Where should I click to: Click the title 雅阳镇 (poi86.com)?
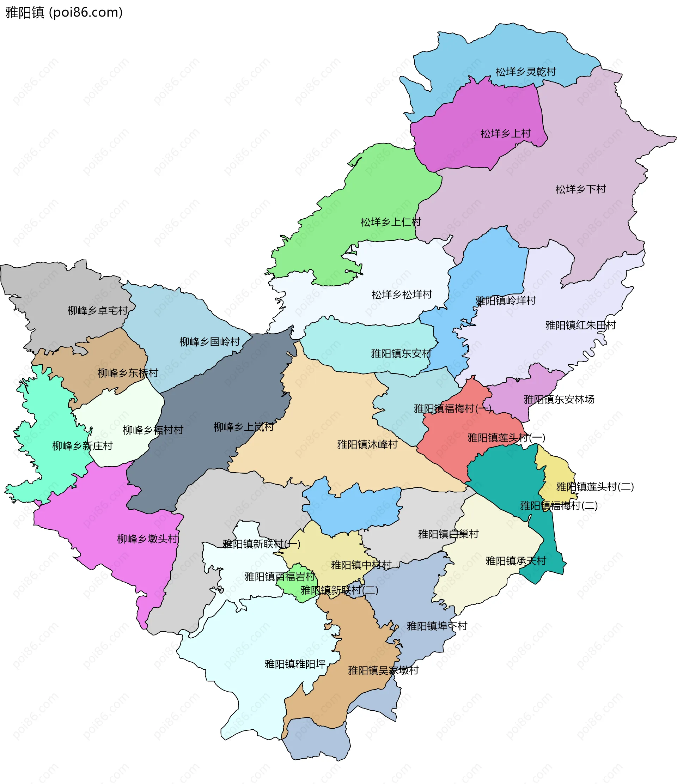(x=63, y=12)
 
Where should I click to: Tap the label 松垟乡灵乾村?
(x=526, y=72)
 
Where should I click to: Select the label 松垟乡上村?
(x=505, y=134)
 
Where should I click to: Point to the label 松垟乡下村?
(x=580, y=189)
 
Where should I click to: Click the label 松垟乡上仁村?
(x=391, y=222)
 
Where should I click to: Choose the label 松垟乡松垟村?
(x=402, y=295)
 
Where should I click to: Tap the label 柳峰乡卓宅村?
(x=98, y=311)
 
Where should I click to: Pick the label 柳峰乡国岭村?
(x=209, y=342)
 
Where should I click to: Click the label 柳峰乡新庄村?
(x=83, y=446)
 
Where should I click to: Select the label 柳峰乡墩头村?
(x=147, y=539)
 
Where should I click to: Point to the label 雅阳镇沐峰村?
(x=367, y=445)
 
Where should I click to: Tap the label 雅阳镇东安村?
(x=401, y=354)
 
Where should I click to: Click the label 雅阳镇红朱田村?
(x=580, y=326)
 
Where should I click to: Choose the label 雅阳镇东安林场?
(x=559, y=400)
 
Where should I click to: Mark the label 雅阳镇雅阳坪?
(x=295, y=664)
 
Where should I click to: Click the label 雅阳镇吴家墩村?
(x=383, y=670)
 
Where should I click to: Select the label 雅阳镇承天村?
(x=516, y=561)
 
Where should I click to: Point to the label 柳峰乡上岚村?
(x=244, y=427)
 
